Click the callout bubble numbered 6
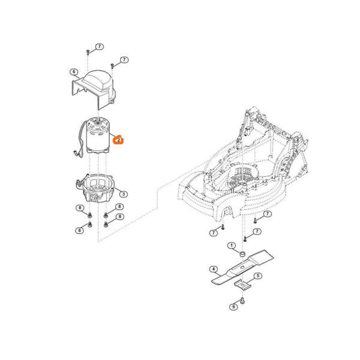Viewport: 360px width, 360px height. click(74, 73)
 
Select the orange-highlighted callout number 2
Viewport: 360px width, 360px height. click(119, 140)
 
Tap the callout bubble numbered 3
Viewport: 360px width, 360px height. click(123, 193)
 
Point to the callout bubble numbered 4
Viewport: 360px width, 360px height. click(213, 269)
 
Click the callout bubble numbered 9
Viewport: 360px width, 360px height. click(233, 307)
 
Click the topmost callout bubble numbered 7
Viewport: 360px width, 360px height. click(100, 46)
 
